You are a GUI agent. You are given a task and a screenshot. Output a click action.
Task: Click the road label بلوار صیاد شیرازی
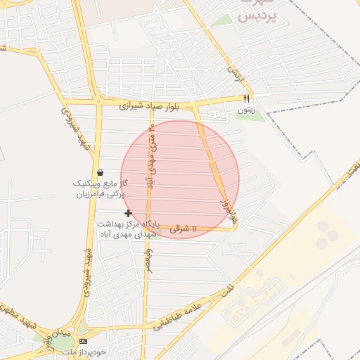(148, 107)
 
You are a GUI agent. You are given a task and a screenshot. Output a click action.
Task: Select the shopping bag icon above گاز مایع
(101, 172)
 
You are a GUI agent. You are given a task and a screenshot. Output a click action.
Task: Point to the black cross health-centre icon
(128, 213)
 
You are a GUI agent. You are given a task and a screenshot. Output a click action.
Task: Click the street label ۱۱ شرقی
(184, 229)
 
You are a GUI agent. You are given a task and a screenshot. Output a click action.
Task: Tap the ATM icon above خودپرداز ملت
(84, 341)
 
